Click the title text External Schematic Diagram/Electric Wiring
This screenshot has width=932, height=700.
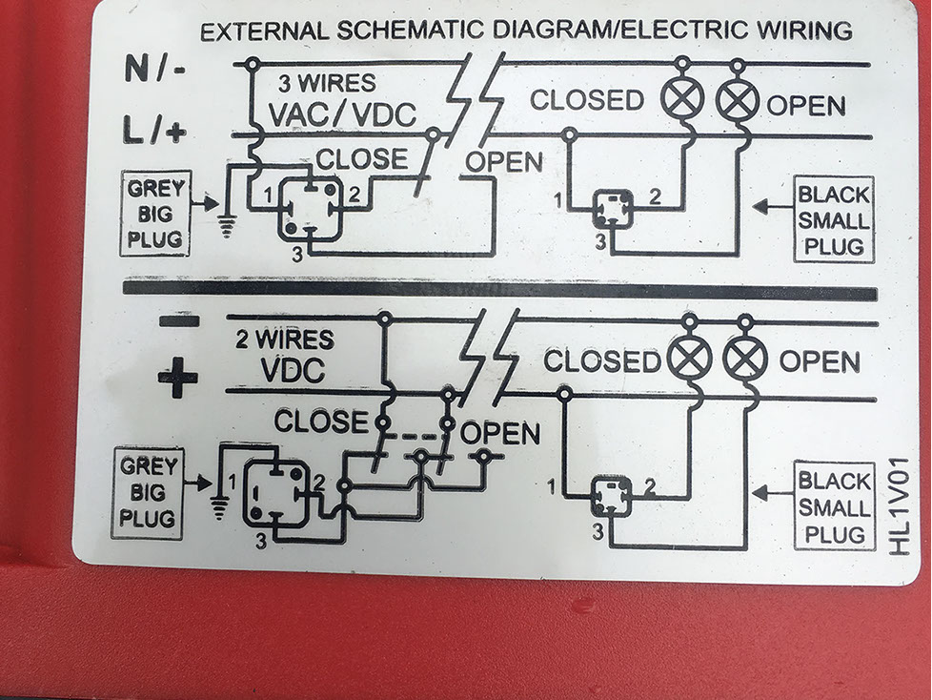click(x=526, y=31)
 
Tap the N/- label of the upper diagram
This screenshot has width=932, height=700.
click(x=155, y=69)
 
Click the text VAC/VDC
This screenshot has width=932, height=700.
click(x=342, y=114)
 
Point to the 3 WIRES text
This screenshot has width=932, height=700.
click(x=327, y=83)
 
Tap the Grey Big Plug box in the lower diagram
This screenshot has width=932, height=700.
click(x=148, y=493)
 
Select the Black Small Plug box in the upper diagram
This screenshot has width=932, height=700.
click(x=834, y=221)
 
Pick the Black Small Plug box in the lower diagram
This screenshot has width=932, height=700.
click(x=834, y=506)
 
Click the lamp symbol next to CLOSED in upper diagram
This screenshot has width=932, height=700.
click(x=682, y=99)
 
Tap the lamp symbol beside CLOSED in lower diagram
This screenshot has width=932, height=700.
click(x=688, y=360)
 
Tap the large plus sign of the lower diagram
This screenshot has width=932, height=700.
click(x=177, y=379)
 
